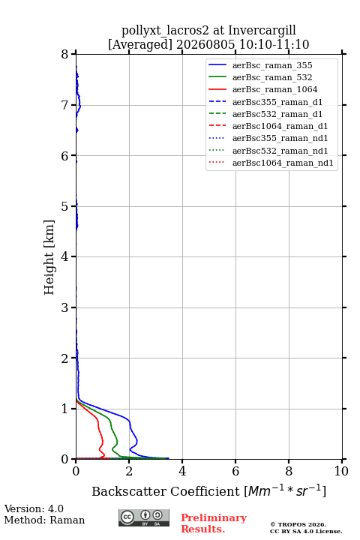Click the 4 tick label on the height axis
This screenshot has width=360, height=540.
coord(65,256)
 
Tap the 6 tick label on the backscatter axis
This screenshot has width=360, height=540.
coord(235,471)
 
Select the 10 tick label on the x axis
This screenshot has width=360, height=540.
coord(341,471)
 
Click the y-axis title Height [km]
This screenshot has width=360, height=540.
coord(49,257)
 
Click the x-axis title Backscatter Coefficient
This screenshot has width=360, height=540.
coord(165,491)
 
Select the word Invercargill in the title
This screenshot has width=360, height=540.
coord(262,31)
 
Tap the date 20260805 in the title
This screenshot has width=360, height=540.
coord(205,44)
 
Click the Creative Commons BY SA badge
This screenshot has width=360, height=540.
coord(144,517)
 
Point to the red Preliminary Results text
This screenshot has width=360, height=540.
coord(214,523)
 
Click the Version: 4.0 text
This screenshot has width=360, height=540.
coord(34,509)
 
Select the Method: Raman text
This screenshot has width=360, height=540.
coord(44,520)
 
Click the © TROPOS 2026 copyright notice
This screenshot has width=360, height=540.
coord(298,524)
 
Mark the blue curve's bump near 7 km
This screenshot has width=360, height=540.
coord(80,106)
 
